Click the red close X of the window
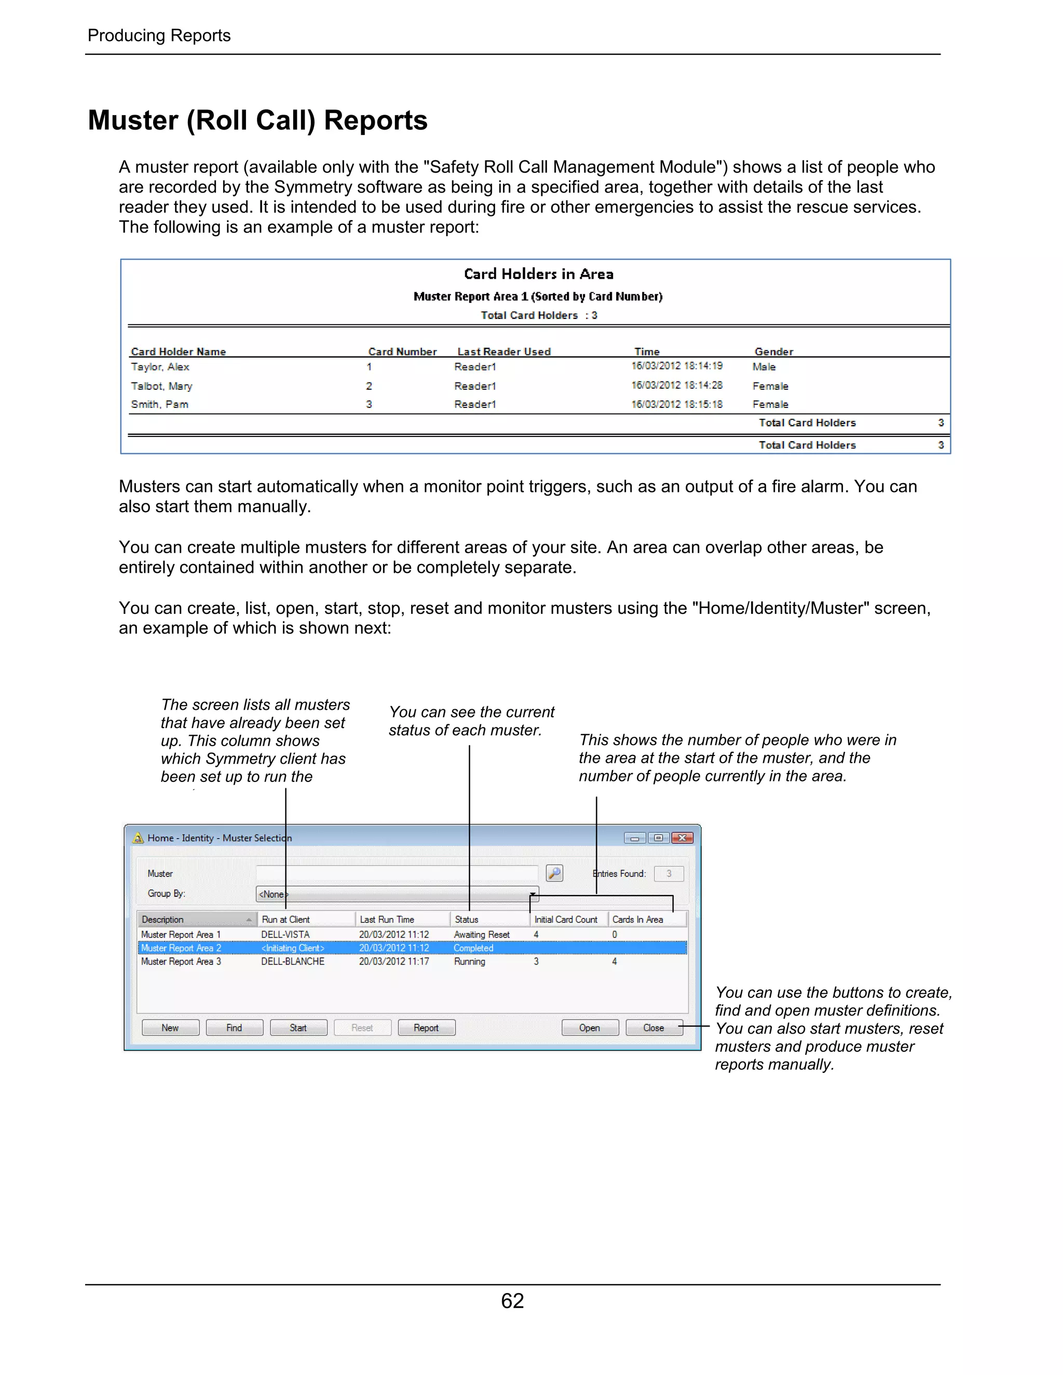pos(682,838)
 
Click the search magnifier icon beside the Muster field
pos(554,873)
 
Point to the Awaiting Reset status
pos(482,935)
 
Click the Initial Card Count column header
pos(566,920)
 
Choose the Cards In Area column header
pos(637,920)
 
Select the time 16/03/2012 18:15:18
pos(677,404)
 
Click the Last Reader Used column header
pos(504,352)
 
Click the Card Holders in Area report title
pos(538,274)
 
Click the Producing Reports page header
pos(159,35)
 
